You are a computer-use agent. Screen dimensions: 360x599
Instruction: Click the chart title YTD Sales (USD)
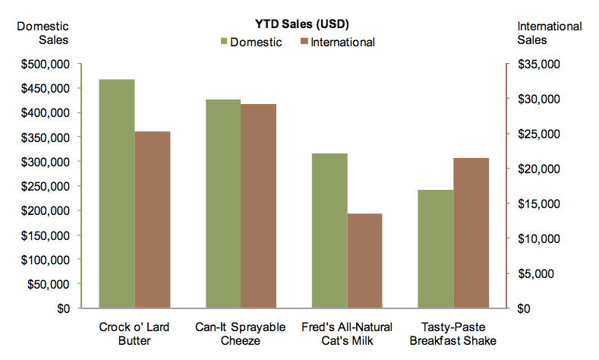[301, 24]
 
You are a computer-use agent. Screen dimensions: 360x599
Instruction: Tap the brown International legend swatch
[305, 42]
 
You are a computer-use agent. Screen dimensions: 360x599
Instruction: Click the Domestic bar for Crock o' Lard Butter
[117, 194]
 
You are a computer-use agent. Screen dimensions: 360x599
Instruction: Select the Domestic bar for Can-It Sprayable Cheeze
[222, 204]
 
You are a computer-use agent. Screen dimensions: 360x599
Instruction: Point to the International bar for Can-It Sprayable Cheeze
[259, 207]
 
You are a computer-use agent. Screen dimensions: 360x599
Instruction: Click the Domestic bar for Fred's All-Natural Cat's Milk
[329, 231]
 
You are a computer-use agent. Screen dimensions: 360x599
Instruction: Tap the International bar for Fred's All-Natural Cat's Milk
[365, 261]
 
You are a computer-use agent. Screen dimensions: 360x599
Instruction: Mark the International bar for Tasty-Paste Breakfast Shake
[471, 233]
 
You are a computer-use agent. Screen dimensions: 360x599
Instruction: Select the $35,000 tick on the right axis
[538, 64]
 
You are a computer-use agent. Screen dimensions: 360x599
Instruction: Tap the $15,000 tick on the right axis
[538, 204]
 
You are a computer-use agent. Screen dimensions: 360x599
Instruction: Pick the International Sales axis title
[549, 33]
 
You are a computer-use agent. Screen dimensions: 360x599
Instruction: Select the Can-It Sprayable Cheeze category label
[241, 334]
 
